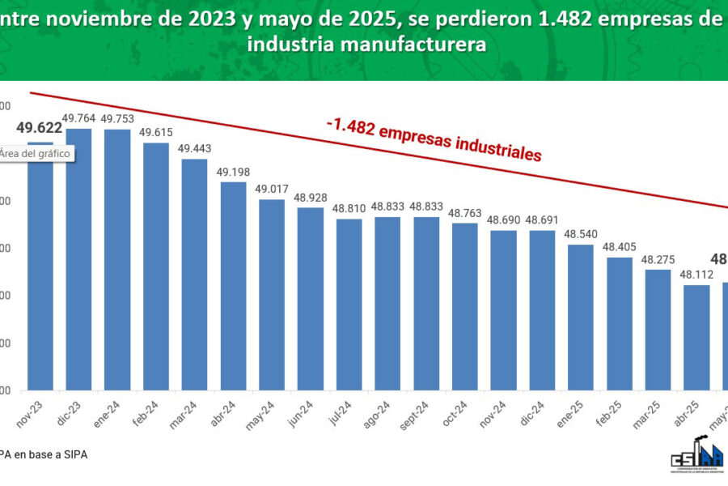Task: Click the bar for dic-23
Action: click(78, 259)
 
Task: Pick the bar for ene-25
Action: click(580, 317)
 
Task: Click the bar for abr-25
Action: click(696, 337)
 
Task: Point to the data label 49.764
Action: click(78, 118)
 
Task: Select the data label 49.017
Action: click(272, 189)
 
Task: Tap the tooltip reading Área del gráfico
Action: click(36, 153)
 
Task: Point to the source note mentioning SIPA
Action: click(44, 454)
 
